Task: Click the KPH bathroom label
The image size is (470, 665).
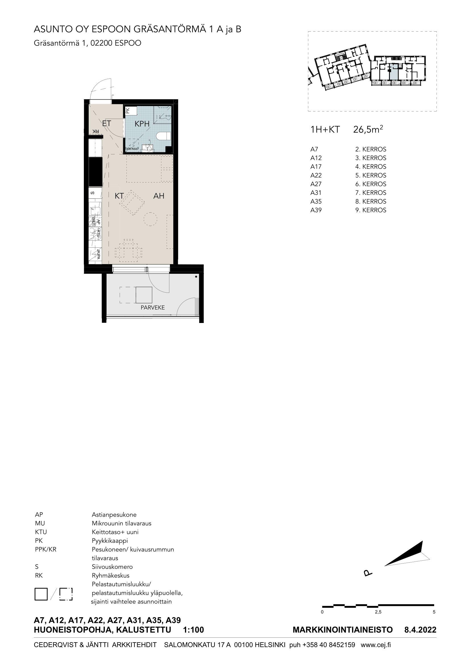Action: tap(142, 124)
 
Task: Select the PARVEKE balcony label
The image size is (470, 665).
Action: tap(153, 308)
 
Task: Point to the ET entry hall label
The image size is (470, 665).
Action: tap(107, 123)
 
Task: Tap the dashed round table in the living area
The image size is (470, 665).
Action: tap(151, 219)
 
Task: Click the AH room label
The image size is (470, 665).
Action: tap(159, 196)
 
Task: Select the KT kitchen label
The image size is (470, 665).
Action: tap(119, 196)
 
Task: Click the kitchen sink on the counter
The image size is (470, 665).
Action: tap(95, 212)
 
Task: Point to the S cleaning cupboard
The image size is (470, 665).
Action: tap(95, 193)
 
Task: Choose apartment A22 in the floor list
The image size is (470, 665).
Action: tap(316, 175)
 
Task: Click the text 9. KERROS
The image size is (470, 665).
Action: tap(371, 210)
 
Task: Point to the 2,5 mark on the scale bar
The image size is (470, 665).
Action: tap(378, 612)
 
